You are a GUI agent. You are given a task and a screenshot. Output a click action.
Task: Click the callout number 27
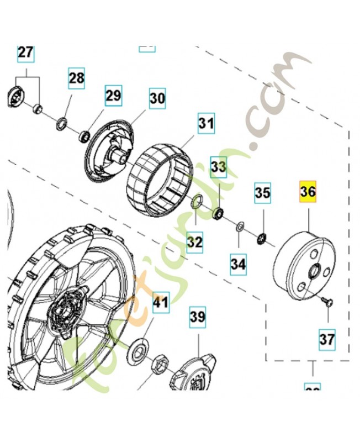pyautogui.click(x=25, y=53)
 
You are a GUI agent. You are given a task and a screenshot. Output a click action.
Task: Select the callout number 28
pyautogui.click(x=77, y=78)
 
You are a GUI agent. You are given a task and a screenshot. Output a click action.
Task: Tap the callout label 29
pyautogui.click(x=113, y=96)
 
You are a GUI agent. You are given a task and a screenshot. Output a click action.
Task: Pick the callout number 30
pyautogui.click(x=157, y=99)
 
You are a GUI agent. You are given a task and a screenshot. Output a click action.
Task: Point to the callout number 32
pyautogui.click(x=194, y=241)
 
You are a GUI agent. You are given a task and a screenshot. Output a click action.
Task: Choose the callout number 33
pyautogui.click(x=219, y=166)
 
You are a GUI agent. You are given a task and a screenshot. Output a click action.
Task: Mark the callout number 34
pyautogui.click(x=238, y=265)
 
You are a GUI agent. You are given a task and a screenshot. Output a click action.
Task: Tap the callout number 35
pyautogui.click(x=262, y=193)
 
